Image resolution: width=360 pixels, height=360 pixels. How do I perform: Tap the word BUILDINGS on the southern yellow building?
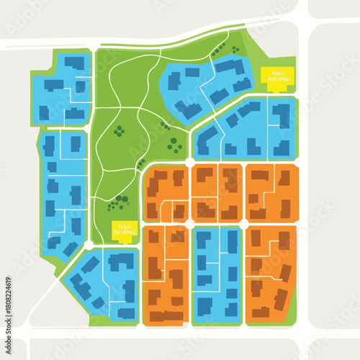pyautogui.click(x=125, y=233)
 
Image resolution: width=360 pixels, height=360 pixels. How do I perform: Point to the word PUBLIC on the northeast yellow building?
pyautogui.click(x=277, y=73)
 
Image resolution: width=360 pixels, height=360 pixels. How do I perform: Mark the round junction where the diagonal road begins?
pyautogui.click(x=89, y=246)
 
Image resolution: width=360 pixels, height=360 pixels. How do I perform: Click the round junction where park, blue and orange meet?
pyautogui.click(x=189, y=163)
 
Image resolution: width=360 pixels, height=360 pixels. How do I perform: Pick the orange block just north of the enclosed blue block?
pyautogui.click(x=216, y=193)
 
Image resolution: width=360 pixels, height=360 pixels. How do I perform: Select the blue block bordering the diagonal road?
pyautogui.click(x=101, y=284)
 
